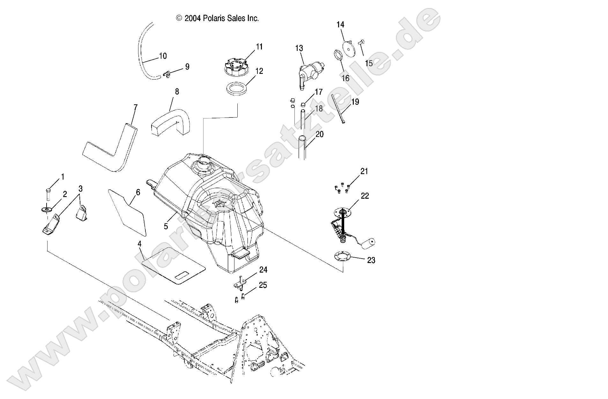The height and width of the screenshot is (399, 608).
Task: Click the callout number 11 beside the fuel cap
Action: point(259,47)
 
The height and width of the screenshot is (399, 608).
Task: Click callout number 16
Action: point(346,78)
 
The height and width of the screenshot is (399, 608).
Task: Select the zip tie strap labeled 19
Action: point(337,109)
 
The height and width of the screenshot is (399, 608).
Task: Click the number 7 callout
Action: point(136,107)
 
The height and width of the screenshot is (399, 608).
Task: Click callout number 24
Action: point(263,270)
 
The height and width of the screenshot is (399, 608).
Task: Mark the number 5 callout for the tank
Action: point(166,226)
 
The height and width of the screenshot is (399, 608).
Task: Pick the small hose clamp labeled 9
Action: point(166,75)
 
